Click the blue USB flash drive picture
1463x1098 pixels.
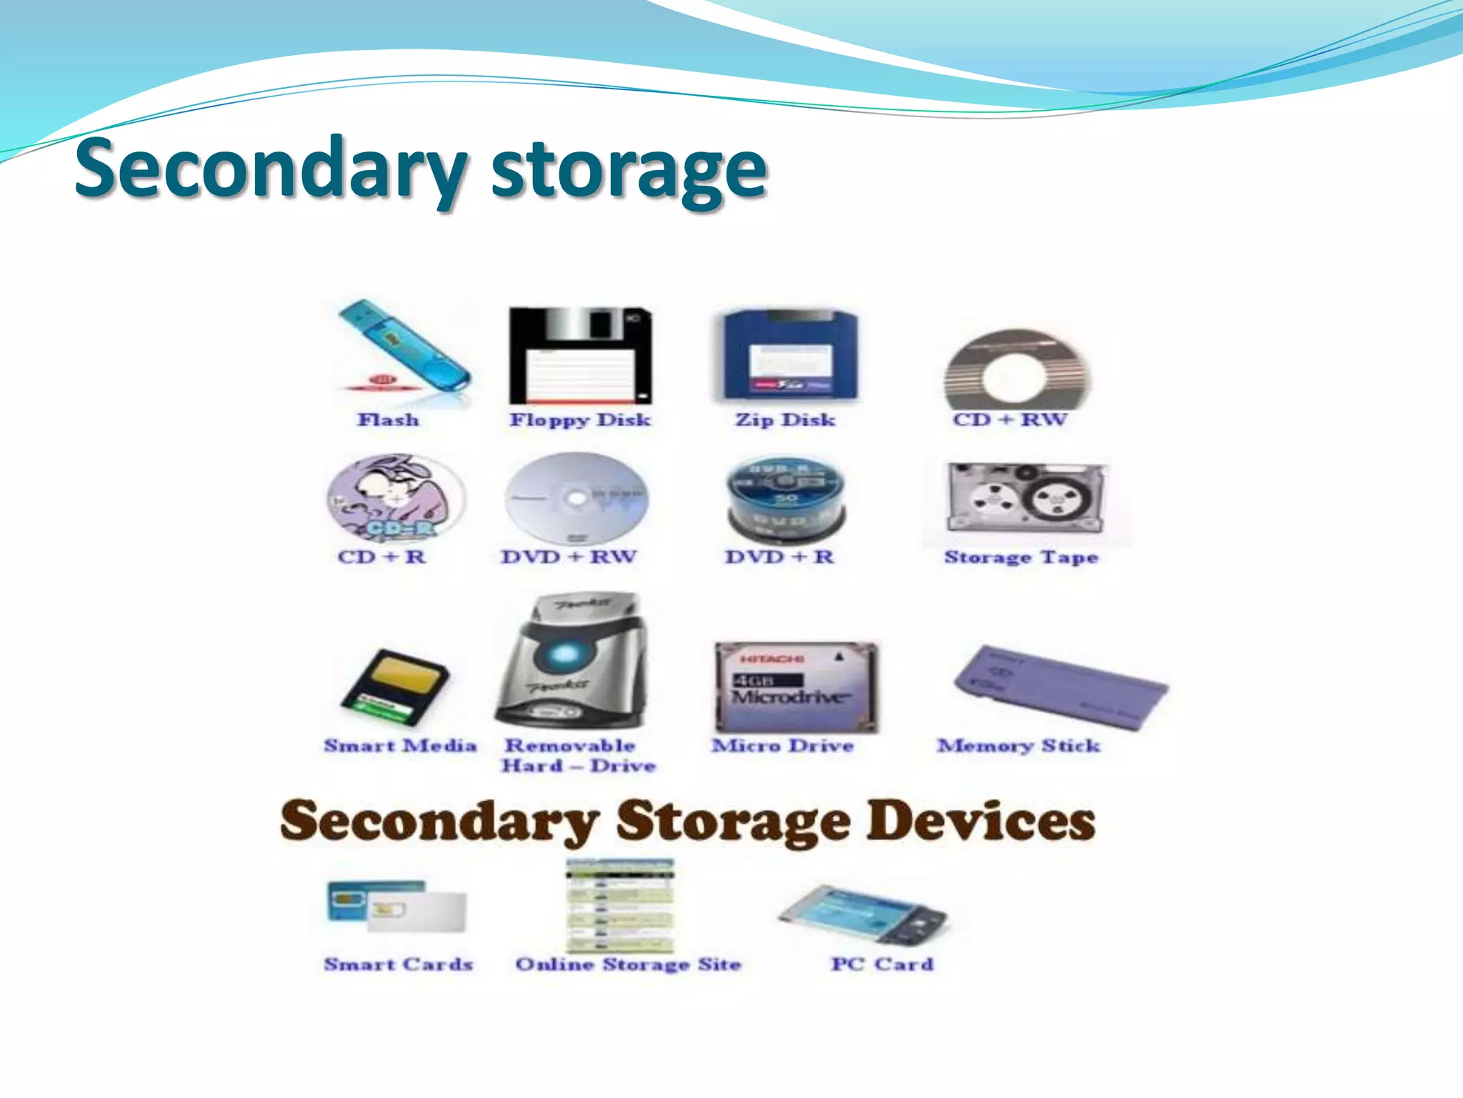pos(404,345)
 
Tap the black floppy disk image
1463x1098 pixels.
pos(579,355)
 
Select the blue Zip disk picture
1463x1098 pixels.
pos(787,355)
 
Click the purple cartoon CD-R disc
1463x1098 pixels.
pos(396,498)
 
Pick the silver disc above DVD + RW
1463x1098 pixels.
pos(576,498)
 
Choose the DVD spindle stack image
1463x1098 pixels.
pos(784,500)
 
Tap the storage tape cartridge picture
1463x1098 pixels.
pos(1026,500)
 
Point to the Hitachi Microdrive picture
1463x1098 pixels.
pos(796,687)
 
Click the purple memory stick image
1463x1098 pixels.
pos(1060,687)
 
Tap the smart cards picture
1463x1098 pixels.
pos(396,906)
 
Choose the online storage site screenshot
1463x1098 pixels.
pos(620,906)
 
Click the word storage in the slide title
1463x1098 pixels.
pos(629,170)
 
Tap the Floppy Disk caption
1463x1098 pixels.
pos(580,420)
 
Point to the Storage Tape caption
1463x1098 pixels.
pos(1021,557)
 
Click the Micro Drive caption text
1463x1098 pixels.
pos(783,746)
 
